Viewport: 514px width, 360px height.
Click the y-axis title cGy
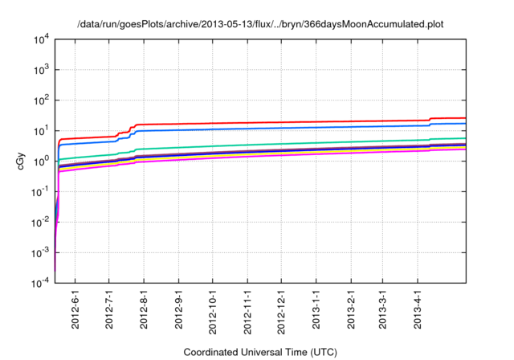pyautogui.click(x=22, y=161)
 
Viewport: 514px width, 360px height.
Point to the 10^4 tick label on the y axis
pyautogui.click(x=39, y=39)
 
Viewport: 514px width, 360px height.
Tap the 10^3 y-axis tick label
pyautogui.click(x=39, y=70)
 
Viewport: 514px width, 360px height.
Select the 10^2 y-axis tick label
pyautogui.click(x=39, y=100)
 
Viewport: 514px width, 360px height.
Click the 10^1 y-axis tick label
pyautogui.click(x=39, y=131)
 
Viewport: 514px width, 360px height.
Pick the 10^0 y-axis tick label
pyautogui.click(x=39, y=162)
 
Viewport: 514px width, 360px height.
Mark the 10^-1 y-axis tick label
pyautogui.click(x=39, y=192)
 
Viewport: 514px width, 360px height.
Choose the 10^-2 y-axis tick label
pyautogui.click(x=39, y=223)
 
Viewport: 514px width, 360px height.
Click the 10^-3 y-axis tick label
pyautogui.click(x=39, y=253)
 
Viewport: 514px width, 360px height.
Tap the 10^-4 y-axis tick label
pyautogui.click(x=39, y=284)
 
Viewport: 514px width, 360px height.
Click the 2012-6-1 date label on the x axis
pyautogui.click(x=75, y=309)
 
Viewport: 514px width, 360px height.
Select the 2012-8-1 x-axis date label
pyautogui.click(x=145, y=309)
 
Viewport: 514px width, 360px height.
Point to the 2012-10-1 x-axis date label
pyautogui.click(x=213, y=309)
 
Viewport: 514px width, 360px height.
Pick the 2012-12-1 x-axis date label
pyautogui.click(x=282, y=309)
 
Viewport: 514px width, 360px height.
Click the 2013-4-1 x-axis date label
pyautogui.click(x=418, y=309)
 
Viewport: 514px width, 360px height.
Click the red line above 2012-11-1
pyautogui.click(x=247, y=123)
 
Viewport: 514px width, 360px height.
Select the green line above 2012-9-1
pyautogui.click(x=178, y=148)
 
